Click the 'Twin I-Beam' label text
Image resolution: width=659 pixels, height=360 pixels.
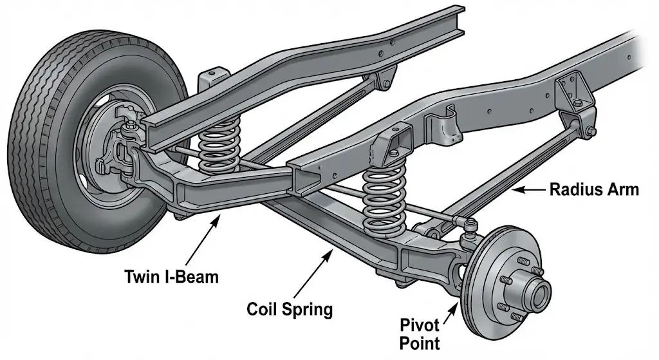171,278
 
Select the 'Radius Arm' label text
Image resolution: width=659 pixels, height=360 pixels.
593,189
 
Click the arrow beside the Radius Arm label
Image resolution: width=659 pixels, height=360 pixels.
528,189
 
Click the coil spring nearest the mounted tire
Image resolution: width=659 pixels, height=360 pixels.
219,149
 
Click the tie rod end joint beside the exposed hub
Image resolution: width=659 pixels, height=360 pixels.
470,225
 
